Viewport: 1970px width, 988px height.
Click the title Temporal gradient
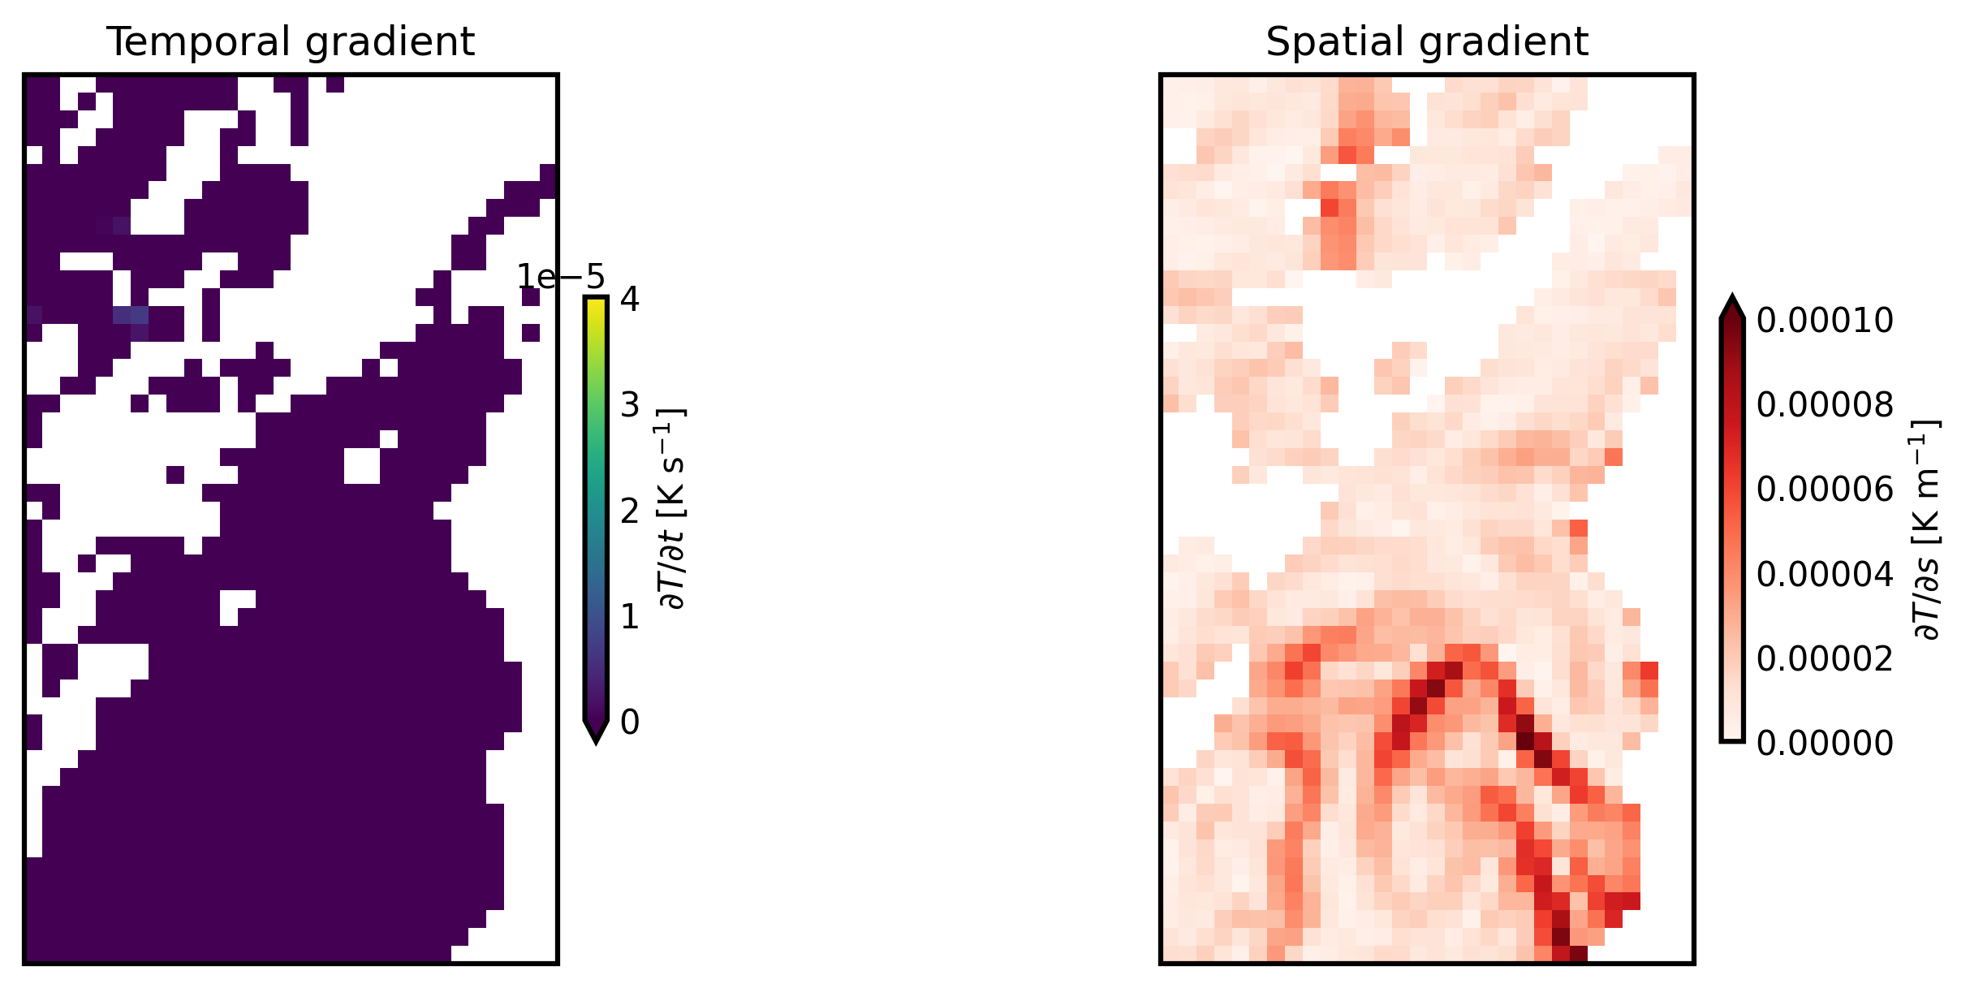[x=290, y=42]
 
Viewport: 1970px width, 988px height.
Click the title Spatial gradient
[x=1426, y=42]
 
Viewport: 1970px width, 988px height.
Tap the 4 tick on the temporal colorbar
[x=629, y=300]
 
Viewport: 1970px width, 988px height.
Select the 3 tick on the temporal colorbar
[x=629, y=405]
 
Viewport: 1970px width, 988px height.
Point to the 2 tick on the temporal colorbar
[x=629, y=511]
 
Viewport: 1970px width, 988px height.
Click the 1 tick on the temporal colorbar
[x=629, y=617]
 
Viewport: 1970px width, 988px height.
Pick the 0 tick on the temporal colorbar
[x=629, y=723]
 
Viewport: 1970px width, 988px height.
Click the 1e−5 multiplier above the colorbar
[x=561, y=278]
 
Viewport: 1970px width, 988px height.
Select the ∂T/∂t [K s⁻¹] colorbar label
[x=673, y=509]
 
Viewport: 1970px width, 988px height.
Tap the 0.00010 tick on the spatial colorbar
[x=1824, y=321]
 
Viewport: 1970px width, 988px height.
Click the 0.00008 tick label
[x=1824, y=405]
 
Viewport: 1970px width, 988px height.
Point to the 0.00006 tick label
[x=1824, y=490]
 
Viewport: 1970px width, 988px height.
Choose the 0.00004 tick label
[x=1824, y=574]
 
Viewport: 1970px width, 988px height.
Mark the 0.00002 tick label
[x=1824, y=658]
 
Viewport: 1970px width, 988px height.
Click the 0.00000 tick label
[x=1824, y=743]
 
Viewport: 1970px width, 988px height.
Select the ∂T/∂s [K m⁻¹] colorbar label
[x=1926, y=529]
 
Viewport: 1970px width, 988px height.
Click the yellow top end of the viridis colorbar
[x=596, y=302]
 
